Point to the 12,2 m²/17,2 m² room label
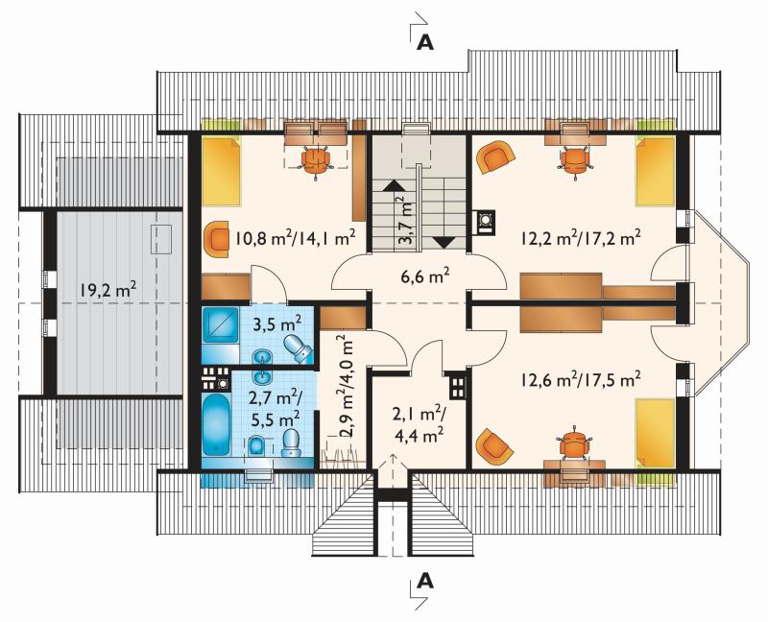coord(581,238)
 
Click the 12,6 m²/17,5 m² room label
coord(582,379)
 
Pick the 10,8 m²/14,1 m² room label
coord(295,238)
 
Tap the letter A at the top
coord(425,42)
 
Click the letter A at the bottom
coord(425,582)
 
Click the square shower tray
coord(221,325)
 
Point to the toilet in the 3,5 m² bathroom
coord(298,348)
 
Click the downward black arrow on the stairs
coord(444,243)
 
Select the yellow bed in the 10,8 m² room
coord(222,172)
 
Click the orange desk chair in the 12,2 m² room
coord(574,161)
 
